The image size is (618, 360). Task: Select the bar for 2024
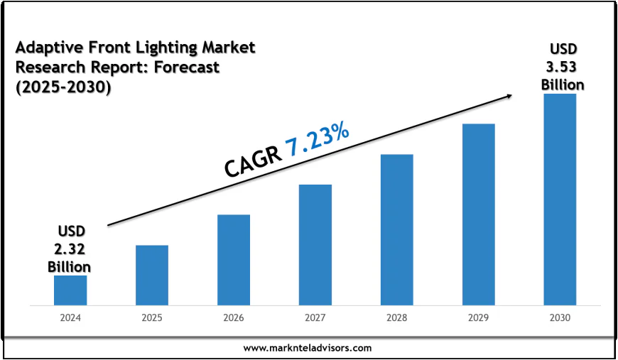[x=70, y=290]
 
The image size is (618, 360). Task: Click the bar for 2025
[x=152, y=276]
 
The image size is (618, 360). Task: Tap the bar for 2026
[x=234, y=260]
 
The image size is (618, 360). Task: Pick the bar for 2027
[x=315, y=245]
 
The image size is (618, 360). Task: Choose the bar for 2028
[x=396, y=230]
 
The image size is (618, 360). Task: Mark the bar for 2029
[x=478, y=214]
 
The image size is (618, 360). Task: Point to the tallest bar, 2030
[x=560, y=200]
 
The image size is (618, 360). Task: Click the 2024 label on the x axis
[x=70, y=318]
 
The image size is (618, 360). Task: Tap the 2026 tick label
[x=234, y=318]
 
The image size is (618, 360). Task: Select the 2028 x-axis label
[x=396, y=318]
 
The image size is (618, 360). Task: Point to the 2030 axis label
[x=560, y=318]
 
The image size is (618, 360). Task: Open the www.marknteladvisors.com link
[x=308, y=348]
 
